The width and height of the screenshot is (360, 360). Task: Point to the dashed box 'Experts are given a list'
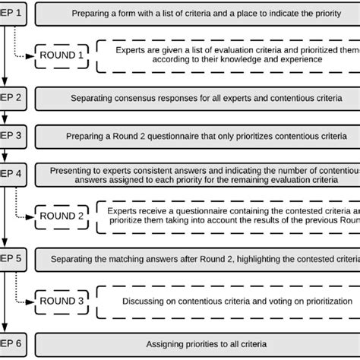point(228,55)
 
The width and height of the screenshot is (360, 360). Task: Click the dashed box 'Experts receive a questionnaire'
point(228,216)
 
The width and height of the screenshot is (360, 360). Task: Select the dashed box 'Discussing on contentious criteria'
point(228,302)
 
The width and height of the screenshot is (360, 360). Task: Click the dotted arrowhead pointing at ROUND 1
point(31,55)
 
